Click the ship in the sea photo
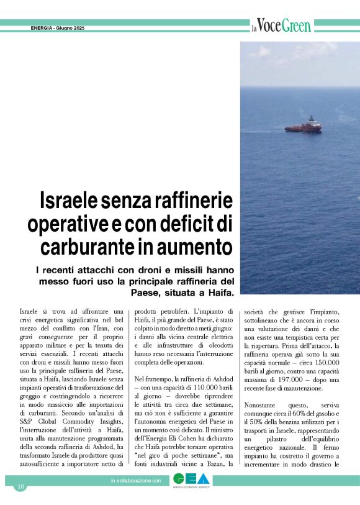(x=304, y=125)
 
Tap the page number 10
(x=20, y=486)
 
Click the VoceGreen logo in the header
(x=281, y=26)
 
